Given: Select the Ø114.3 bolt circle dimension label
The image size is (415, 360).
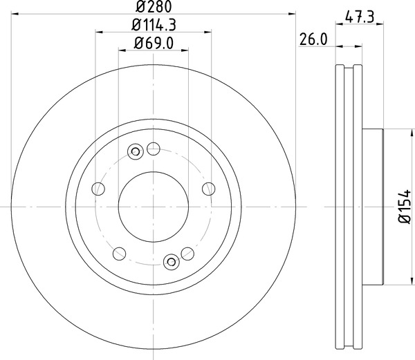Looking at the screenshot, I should tap(154, 26).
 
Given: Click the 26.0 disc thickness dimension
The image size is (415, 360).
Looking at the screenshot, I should tap(313, 39).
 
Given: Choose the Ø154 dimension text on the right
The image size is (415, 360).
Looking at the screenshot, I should tap(406, 207).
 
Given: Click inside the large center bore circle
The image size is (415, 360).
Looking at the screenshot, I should tap(153, 207).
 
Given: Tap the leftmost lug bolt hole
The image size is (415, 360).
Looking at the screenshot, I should tap(99, 189).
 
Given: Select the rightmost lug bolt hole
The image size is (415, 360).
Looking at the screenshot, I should tap(207, 189).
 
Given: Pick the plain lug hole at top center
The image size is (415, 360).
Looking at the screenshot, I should tap(154, 148).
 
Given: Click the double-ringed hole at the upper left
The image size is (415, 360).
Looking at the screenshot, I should tap(136, 150).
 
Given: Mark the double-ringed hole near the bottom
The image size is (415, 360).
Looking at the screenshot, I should tap(172, 260).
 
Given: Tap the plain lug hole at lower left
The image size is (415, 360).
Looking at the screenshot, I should tap(118, 253).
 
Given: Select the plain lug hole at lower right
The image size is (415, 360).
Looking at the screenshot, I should tap(187, 253).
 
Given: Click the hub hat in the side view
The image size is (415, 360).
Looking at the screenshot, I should tap(371, 207).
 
